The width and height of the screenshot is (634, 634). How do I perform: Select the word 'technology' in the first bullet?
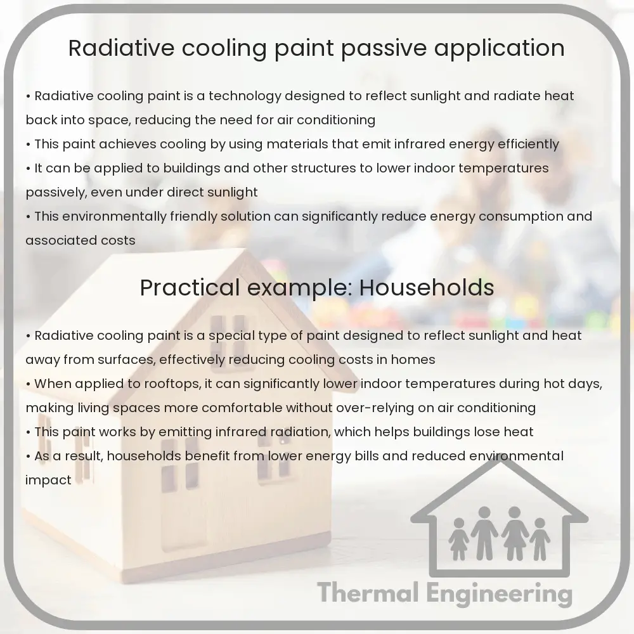click(245, 96)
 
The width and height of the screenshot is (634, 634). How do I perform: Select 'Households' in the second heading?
click(427, 288)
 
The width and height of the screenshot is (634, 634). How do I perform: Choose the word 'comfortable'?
click(242, 408)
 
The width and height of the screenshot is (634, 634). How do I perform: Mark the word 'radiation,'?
click(301, 432)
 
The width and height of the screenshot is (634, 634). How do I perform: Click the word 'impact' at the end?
click(48, 481)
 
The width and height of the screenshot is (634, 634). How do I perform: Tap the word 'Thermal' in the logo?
click(368, 593)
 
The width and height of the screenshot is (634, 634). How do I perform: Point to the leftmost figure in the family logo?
click(458, 539)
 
